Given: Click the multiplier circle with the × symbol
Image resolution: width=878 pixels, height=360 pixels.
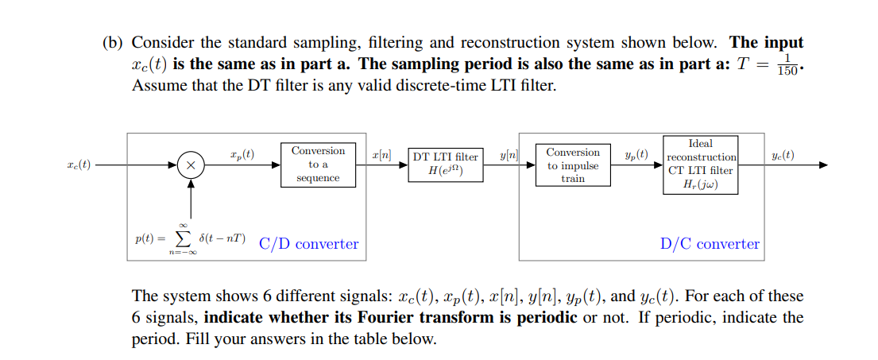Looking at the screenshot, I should point(191,165).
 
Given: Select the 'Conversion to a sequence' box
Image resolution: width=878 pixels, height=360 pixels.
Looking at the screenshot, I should point(318,165).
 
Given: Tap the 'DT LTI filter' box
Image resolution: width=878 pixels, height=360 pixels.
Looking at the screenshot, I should point(445,165).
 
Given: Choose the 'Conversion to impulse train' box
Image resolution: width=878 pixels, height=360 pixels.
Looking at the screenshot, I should point(573,165).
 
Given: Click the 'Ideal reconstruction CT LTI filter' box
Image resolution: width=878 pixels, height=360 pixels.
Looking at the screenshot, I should point(700,165).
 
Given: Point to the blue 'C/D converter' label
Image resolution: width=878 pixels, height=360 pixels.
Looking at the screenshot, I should point(308,244).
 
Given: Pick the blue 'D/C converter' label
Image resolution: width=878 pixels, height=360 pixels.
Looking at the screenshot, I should point(710,244).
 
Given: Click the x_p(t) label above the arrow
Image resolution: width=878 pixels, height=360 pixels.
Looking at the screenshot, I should point(242,153).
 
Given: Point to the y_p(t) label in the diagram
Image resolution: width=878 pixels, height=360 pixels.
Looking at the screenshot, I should point(636,153).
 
